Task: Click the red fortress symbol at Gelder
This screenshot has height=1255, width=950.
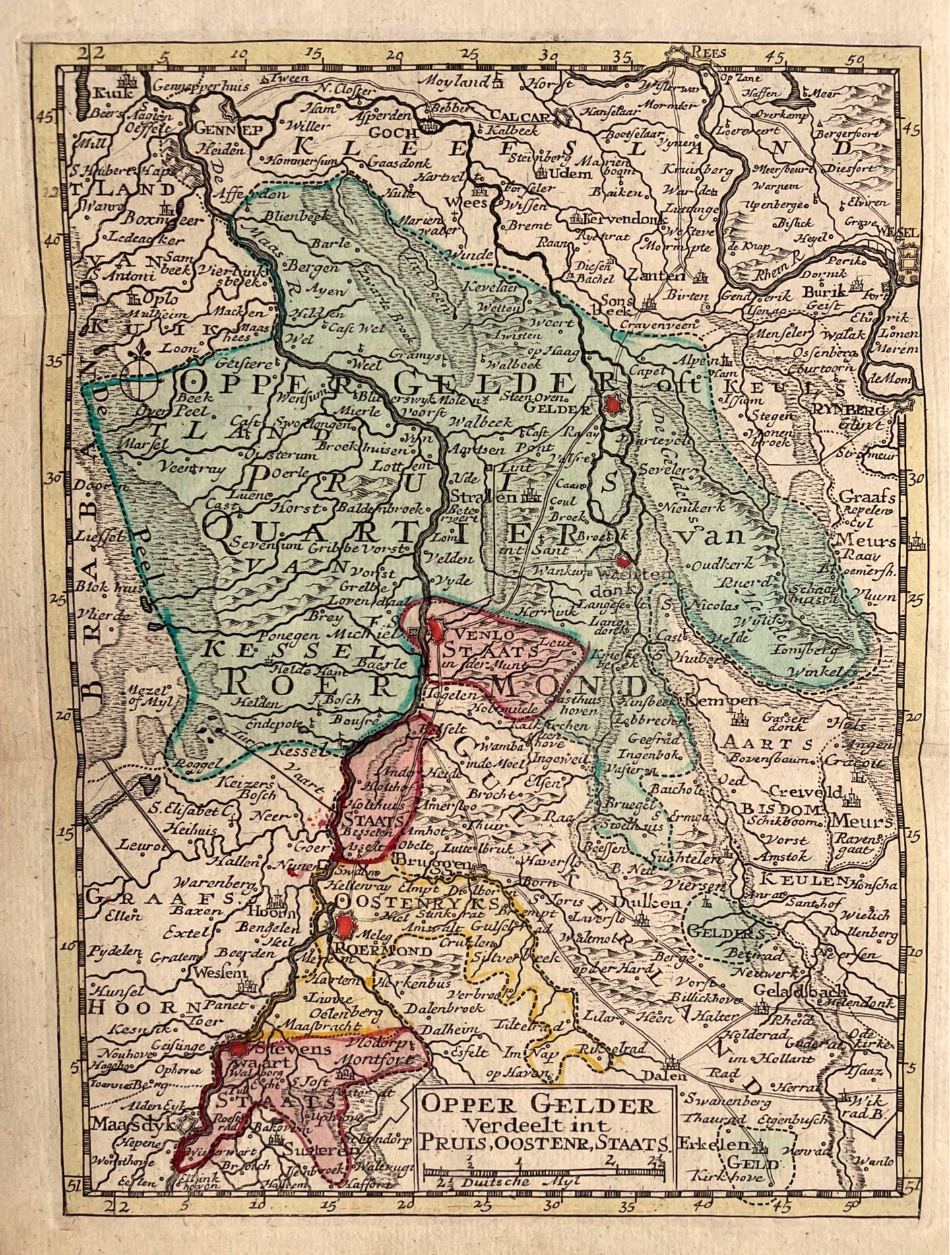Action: point(614,405)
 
